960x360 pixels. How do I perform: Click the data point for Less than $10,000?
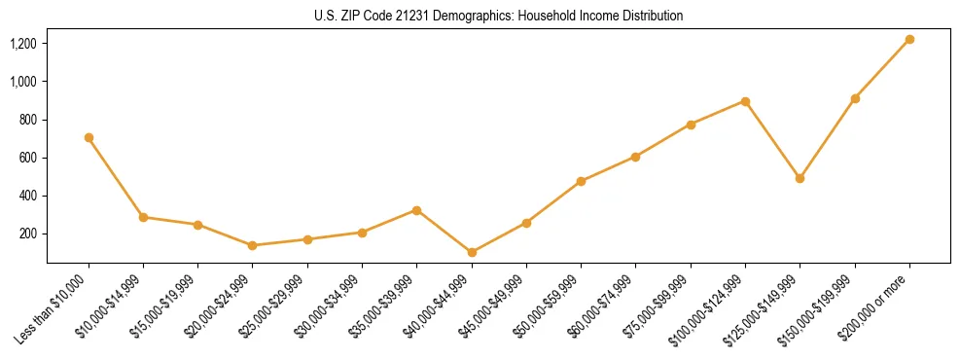click(89, 138)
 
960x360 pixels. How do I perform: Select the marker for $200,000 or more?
click(909, 40)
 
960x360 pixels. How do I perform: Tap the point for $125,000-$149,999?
click(800, 178)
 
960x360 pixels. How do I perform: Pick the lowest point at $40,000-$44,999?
click(472, 252)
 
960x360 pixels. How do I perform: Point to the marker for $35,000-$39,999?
click(416, 210)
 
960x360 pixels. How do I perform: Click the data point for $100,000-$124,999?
click(745, 101)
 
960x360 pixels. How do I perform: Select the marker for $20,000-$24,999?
click(253, 245)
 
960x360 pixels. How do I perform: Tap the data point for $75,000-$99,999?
click(691, 125)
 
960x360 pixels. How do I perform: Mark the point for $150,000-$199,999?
click(855, 98)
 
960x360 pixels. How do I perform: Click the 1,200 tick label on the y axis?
click(22, 44)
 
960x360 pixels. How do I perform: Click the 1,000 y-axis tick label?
click(22, 82)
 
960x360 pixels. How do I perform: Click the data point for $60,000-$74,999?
click(635, 157)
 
